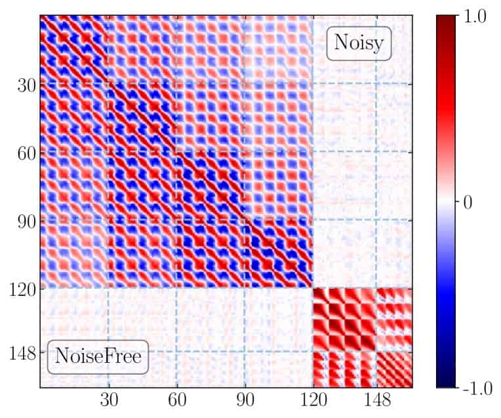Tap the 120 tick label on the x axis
[x=313, y=400]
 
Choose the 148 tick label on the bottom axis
[x=376, y=400]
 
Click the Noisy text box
[x=359, y=43]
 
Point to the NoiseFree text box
[x=98, y=358]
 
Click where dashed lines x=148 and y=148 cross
[x=376, y=352]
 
